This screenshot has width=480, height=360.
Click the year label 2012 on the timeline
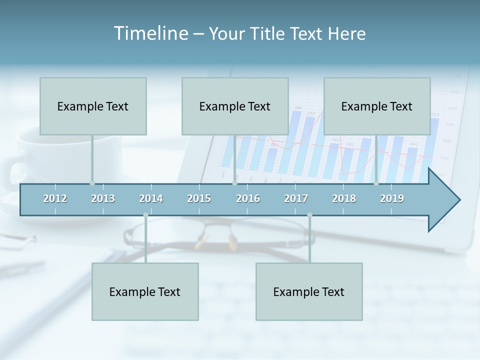tap(55, 198)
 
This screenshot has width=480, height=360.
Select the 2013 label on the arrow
tap(103, 198)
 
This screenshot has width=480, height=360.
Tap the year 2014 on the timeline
tap(151, 198)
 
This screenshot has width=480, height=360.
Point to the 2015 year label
tap(199, 198)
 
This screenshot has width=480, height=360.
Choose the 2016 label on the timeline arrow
tap(248, 198)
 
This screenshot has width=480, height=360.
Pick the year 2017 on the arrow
tap(296, 198)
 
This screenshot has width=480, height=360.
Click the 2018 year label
tap(344, 198)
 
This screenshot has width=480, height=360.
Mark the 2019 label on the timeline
tap(392, 198)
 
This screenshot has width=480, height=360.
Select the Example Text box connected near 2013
tap(93, 106)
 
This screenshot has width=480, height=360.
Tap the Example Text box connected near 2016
tap(235, 106)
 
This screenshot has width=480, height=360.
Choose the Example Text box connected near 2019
tap(377, 106)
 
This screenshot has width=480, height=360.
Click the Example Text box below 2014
tap(145, 291)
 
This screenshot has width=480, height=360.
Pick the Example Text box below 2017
tap(309, 291)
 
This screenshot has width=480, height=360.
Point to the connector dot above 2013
tap(92, 183)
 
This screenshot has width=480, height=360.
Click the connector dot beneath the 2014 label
tap(145, 215)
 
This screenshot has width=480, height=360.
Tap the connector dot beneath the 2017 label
tap(309, 215)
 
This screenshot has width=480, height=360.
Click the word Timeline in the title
tap(150, 33)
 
